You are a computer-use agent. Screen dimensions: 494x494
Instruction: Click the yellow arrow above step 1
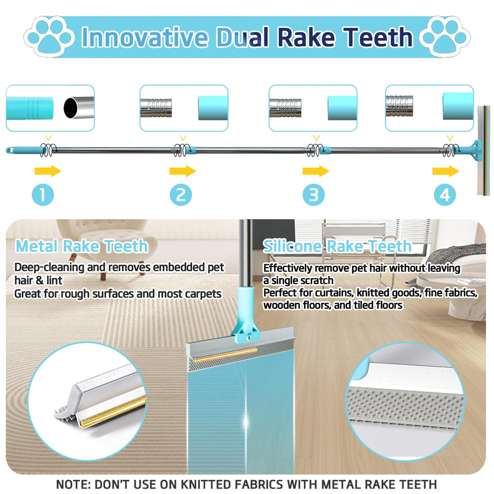click(48, 171)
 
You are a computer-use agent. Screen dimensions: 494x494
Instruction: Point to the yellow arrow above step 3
click(316, 171)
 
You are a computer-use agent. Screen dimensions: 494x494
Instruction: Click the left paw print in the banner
click(50, 37)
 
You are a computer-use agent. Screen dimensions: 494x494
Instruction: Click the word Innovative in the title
click(145, 37)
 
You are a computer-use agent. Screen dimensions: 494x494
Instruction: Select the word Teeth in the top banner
click(378, 37)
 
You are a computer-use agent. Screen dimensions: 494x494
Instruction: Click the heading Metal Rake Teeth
click(82, 246)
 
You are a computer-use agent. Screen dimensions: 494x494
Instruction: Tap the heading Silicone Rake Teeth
click(337, 246)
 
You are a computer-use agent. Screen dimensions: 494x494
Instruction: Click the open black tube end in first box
click(71, 108)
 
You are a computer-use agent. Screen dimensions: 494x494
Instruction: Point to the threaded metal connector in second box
click(156, 108)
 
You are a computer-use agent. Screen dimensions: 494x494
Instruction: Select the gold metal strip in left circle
click(113, 412)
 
